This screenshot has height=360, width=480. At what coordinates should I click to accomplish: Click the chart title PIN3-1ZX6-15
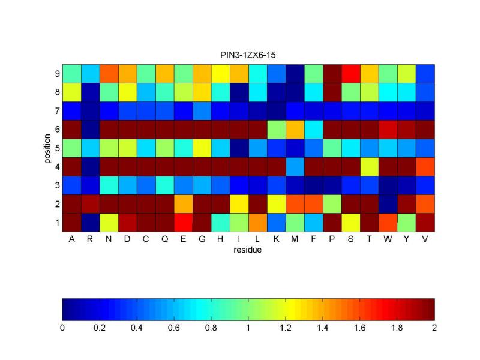[x=248, y=55]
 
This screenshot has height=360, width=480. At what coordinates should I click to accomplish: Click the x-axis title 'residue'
[x=247, y=250]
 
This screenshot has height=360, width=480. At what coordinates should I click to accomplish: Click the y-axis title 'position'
[x=47, y=148]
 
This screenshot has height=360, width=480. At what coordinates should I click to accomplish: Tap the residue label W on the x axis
[x=388, y=239]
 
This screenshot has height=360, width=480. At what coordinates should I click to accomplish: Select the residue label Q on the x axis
[x=164, y=239]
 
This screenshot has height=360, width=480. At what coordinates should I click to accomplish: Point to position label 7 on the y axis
[x=57, y=111]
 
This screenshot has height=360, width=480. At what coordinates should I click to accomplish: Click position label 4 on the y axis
[x=57, y=167]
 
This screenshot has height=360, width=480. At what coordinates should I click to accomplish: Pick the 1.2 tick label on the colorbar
[x=286, y=328]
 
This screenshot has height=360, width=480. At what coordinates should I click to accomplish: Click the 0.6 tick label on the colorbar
[x=173, y=328]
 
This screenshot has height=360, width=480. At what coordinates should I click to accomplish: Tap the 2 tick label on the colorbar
[x=434, y=328]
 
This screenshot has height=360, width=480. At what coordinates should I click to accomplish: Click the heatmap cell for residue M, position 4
[x=295, y=167]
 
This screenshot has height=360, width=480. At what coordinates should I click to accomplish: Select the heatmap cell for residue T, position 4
[x=369, y=167]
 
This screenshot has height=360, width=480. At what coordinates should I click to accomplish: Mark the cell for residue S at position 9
[x=351, y=74]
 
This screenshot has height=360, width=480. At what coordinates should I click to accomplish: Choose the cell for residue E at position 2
[x=184, y=204]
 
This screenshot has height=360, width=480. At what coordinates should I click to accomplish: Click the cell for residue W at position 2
[x=388, y=204]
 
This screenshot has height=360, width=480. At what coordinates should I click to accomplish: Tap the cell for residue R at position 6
[x=91, y=130]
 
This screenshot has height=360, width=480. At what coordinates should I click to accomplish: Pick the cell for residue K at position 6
[x=277, y=130]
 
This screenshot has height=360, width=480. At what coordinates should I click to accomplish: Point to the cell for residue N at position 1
[x=109, y=223]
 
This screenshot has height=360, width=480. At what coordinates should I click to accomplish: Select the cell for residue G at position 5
[x=202, y=148]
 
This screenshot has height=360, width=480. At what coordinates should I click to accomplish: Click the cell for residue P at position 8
[x=332, y=92]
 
